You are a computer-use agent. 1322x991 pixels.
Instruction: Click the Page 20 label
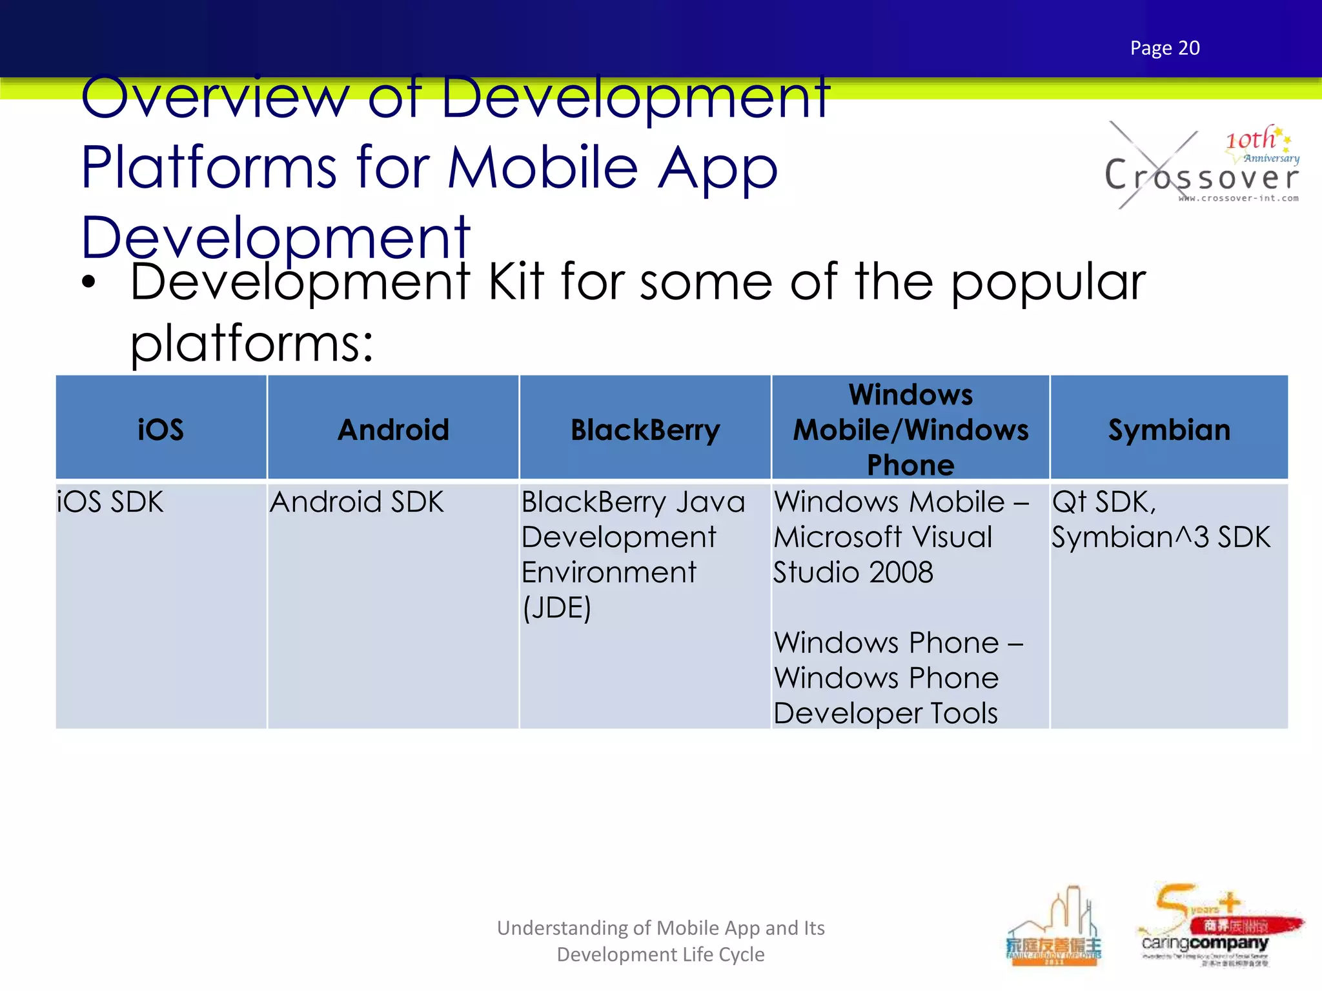click(1164, 48)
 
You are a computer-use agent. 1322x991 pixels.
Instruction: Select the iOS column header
click(161, 430)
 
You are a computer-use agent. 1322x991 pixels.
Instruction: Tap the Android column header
click(393, 430)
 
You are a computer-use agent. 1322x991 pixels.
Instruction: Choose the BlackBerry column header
click(645, 430)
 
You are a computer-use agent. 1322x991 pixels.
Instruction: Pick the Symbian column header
click(1169, 430)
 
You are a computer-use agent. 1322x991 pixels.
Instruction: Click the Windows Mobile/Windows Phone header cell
click(910, 430)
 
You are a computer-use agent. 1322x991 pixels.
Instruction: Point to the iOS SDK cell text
click(110, 502)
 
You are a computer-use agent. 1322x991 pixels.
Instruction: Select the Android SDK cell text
click(357, 502)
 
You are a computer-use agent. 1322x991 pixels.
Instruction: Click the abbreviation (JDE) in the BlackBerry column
click(556, 608)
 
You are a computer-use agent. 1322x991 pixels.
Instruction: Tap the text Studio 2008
click(853, 572)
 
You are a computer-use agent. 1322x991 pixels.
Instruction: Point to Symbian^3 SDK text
click(1161, 537)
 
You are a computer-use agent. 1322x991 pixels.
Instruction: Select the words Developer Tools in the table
click(886, 714)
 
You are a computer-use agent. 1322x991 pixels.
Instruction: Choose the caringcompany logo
click(1214, 929)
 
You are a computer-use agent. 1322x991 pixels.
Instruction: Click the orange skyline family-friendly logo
click(1053, 929)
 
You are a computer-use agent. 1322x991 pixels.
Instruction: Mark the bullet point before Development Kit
click(89, 282)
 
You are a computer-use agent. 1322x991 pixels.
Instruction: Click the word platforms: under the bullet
click(252, 343)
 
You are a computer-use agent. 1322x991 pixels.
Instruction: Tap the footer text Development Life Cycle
click(660, 954)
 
